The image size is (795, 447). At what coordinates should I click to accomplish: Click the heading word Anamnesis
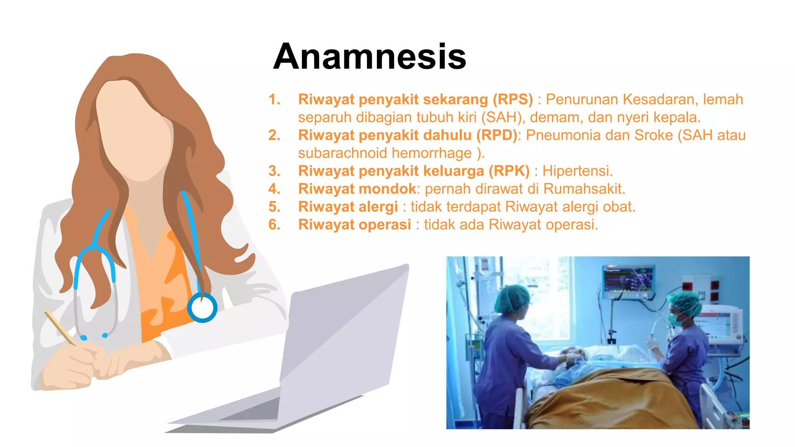[x=370, y=57]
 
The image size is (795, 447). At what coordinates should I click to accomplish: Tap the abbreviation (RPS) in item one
[x=512, y=99]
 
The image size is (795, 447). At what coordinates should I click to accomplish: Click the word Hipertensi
[x=577, y=171]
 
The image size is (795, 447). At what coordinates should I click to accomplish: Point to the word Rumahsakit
[x=584, y=189]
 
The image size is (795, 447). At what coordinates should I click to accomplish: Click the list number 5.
[x=274, y=206]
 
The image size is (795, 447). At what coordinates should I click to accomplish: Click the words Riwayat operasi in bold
[x=354, y=224]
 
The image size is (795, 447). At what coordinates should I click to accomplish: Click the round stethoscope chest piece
[x=202, y=308]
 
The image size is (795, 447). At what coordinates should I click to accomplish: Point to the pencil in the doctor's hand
[x=61, y=328]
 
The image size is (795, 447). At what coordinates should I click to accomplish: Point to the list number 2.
[x=274, y=135]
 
